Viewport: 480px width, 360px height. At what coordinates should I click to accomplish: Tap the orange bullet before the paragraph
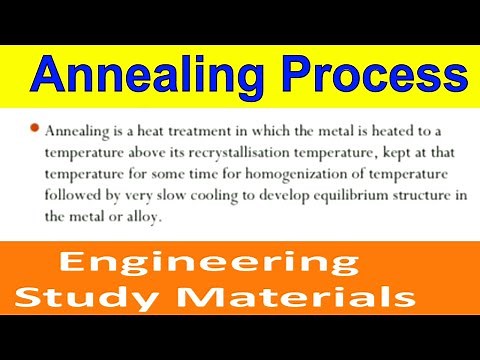pos(34,129)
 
